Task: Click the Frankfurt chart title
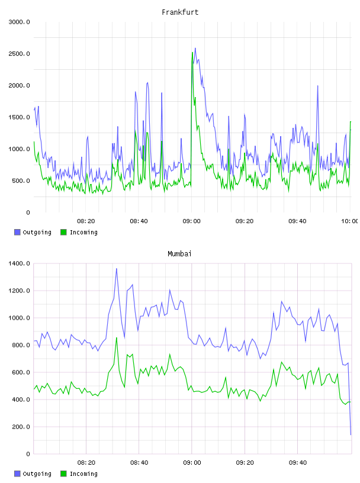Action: click(180, 12)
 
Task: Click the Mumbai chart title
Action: click(179, 254)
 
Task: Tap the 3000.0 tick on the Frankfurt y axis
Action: click(19, 22)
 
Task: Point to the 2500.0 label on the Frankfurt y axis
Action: click(19, 54)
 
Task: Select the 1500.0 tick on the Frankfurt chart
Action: click(19, 117)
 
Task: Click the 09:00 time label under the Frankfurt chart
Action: click(191, 221)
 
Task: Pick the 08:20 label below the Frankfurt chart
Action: click(86, 221)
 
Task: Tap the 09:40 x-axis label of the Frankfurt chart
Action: click(297, 221)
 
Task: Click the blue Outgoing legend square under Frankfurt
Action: click(17, 232)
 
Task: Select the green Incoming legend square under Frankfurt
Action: click(63, 232)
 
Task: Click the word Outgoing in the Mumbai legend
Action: click(37, 474)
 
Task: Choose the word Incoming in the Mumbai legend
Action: click(83, 474)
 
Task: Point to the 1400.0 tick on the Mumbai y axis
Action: click(19, 263)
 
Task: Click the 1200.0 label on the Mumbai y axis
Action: click(19, 291)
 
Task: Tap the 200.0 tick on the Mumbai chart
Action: click(21, 427)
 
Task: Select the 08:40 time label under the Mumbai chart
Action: click(139, 462)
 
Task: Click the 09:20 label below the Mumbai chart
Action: click(245, 462)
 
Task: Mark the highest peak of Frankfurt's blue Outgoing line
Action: click(195, 49)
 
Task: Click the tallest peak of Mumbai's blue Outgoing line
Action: click(117, 269)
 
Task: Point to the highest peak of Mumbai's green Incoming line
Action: click(117, 338)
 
